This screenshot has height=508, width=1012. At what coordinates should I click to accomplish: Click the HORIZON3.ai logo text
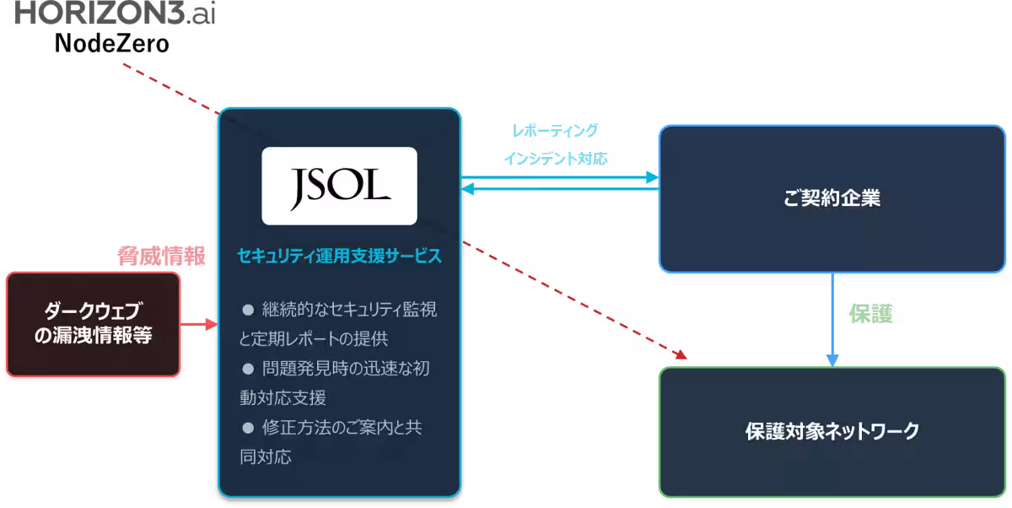(x=116, y=12)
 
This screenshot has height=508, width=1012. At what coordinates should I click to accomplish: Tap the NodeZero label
(x=111, y=44)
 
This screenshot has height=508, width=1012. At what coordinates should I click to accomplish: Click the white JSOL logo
(x=339, y=186)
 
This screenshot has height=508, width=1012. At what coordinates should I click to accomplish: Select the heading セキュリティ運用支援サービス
(x=339, y=256)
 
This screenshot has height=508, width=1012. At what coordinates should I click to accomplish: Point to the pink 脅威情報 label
(x=161, y=256)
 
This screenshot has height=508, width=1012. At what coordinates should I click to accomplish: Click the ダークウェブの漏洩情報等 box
(x=93, y=324)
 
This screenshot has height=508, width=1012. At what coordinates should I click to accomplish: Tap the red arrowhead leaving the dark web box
(x=212, y=324)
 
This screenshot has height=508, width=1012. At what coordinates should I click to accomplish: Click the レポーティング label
(x=555, y=131)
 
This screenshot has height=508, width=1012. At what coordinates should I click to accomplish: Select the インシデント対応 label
(x=555, y=159)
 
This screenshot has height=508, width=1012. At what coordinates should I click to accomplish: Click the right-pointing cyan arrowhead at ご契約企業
(x=653, y=177)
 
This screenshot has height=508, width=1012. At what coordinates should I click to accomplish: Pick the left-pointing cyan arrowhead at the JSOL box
(x=467, y=189)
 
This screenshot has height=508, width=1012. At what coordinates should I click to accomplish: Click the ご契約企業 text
(x=832, y=198)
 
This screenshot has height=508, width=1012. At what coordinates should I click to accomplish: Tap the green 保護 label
(x=870, y=314)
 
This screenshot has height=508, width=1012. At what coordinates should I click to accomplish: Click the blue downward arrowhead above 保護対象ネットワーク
(x=832, y=360)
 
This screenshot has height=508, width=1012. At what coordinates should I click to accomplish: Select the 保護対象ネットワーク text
(x=832, y=431)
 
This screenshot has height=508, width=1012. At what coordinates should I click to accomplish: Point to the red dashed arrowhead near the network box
(x=681, y=354)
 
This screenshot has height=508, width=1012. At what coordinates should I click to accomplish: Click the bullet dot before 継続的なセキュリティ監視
(x=248, y=310)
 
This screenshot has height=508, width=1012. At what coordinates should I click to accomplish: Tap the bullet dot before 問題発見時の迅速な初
(x=248, y=370)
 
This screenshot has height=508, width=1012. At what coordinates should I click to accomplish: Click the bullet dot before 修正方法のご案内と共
(x=248, y=428)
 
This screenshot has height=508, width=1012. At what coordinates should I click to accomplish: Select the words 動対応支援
(x=283, y=397)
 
